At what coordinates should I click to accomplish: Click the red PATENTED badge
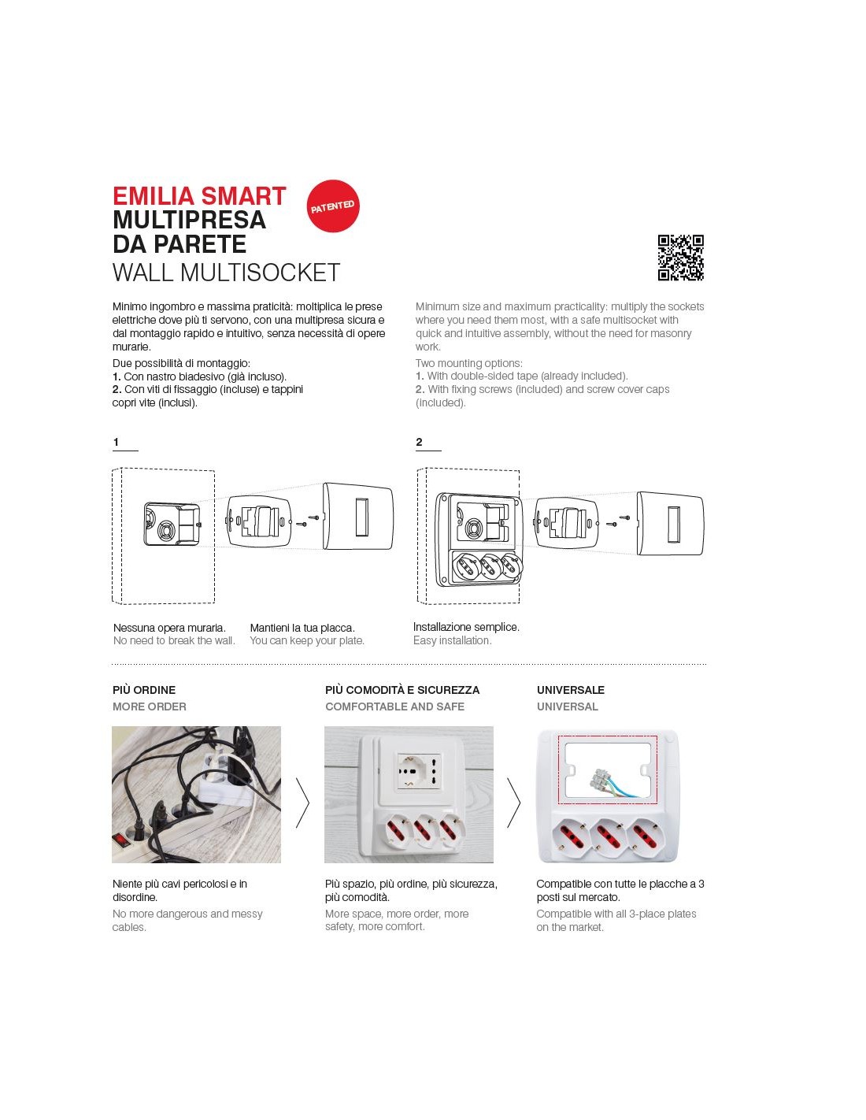332,206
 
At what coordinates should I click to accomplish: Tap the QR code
680,258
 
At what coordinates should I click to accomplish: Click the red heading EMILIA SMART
199,196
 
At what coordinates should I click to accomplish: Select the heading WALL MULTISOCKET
226,273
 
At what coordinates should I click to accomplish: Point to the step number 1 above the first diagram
117,443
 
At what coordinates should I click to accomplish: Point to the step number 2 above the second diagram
419,443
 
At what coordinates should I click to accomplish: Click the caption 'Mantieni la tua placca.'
302,628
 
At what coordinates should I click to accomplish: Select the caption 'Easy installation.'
452,640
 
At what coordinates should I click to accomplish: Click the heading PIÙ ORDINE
144,690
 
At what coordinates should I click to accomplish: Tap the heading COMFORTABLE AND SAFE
394,706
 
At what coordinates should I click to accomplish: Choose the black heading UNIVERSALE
571,690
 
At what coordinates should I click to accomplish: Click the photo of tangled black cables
196,794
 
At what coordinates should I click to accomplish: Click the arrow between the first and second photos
302,803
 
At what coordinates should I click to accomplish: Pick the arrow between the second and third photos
513,803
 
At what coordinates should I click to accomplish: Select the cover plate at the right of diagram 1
357,517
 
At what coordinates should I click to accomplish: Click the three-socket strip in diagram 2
479,567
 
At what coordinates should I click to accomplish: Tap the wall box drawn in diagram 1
171,523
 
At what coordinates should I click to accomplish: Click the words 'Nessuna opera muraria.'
169,628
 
